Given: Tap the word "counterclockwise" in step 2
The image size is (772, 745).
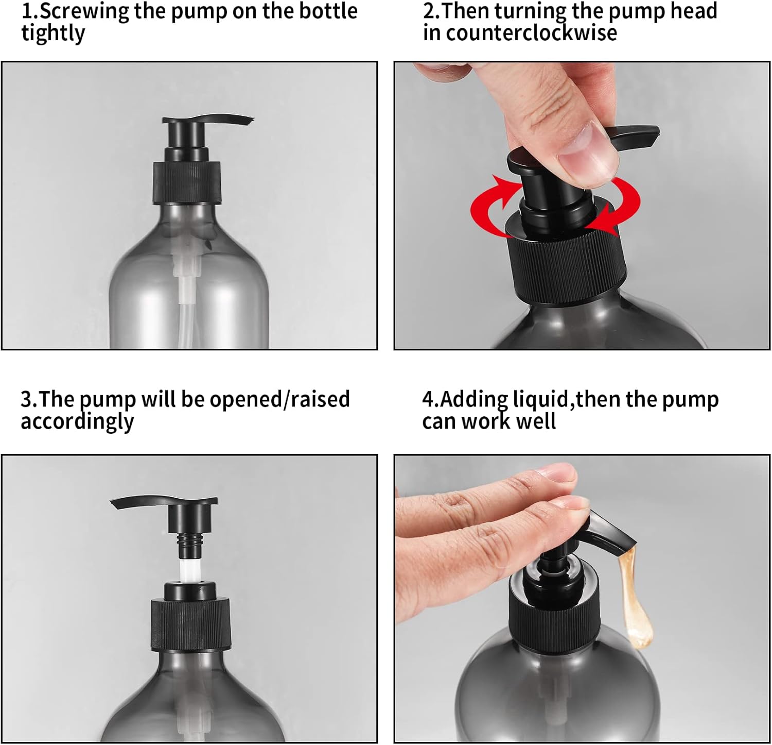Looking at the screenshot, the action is (x=531, y=33).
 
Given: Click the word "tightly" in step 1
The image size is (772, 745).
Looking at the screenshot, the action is (x=53, y=34).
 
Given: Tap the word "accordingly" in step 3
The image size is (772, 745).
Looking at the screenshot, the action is (x=77, y=422).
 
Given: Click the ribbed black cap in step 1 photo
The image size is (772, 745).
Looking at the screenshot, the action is (x=187, y=182).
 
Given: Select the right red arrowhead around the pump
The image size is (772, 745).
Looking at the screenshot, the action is (x=602, y=216).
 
